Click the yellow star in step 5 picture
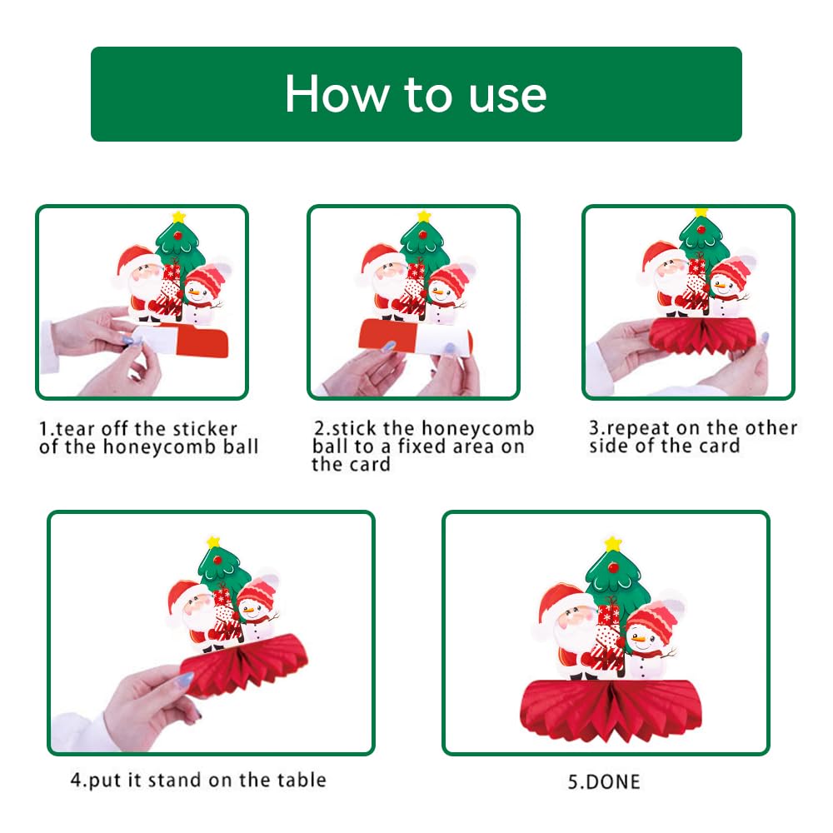pos(613,543)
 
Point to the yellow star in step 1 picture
pos(178,217)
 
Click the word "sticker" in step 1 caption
pos(206,428)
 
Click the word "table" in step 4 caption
pos(304,780)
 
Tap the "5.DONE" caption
pos(604,782)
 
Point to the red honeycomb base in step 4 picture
pos(244,664)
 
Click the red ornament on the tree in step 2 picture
pos(423,234)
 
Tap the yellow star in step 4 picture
pos(213,541)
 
